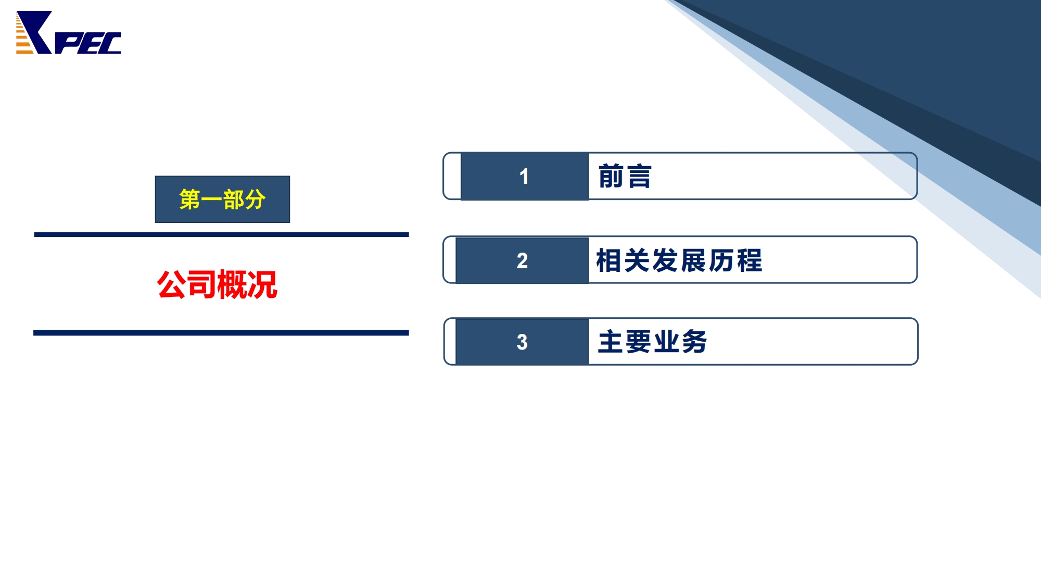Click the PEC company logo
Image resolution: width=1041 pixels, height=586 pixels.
pos(69,32)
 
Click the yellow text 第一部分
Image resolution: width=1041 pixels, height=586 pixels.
pos(222,200)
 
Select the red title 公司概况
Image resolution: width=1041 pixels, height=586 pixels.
pos(217,284)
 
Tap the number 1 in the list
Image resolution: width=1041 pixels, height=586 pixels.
pos(524,177)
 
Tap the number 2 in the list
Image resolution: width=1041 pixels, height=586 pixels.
pos(522,260)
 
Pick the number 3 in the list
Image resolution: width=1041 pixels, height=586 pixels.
pos(522,342)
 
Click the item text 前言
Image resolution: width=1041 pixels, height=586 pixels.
pos(625,176)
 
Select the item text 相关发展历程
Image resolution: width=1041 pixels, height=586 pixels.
pos(679,260)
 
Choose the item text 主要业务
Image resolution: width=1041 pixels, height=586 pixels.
pos(652,342)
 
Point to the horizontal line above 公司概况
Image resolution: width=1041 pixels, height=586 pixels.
pos(221,234)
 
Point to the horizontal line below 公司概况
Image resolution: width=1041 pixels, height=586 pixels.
pos(221,333)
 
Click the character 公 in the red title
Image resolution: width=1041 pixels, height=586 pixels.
pos(172,284)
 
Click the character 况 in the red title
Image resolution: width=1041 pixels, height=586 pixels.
pos(262,284)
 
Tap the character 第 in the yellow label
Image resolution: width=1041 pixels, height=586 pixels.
pos(190,200)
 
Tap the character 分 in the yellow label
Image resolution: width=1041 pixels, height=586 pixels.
pos(255,200)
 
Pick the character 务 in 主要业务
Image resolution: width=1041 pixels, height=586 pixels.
pos(694,342)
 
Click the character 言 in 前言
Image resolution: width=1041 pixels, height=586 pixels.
pos(639,176)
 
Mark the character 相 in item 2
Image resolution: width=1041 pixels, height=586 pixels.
pos(609,260)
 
